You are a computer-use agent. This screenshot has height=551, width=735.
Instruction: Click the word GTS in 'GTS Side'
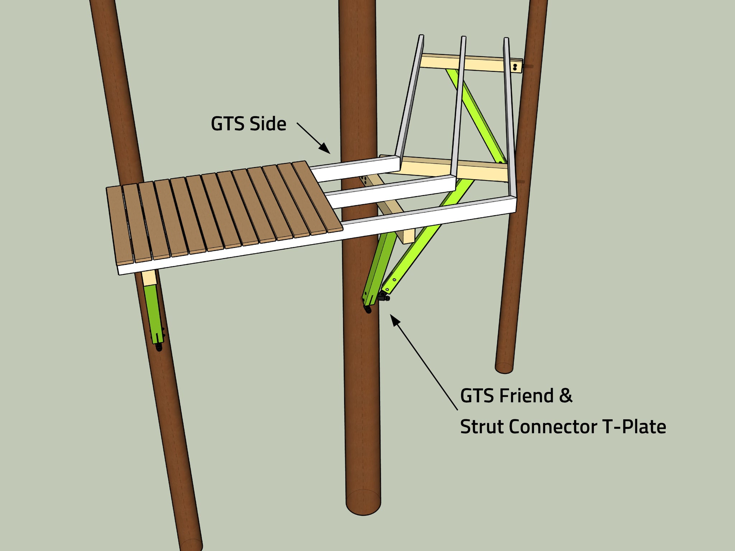coord(228,124)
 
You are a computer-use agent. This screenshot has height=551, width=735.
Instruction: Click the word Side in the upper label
coord(268,124)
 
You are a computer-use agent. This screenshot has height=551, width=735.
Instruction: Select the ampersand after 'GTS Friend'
coord(566,396)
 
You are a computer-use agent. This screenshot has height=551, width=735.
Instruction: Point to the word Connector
coord(553,427)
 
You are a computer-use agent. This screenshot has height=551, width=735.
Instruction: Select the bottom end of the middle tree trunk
coord(363,502)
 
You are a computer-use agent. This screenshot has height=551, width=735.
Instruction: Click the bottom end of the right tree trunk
coord(504,367)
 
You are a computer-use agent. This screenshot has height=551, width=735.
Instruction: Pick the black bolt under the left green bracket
coord(159,347)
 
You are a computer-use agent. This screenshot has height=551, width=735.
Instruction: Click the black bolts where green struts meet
coord(383,297)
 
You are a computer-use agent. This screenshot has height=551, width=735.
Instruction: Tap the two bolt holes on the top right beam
coord(515,66)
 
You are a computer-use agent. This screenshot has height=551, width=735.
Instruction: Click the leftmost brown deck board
coord(120,226)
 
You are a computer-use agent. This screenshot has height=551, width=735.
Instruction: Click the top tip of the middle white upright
coord(464,37)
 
